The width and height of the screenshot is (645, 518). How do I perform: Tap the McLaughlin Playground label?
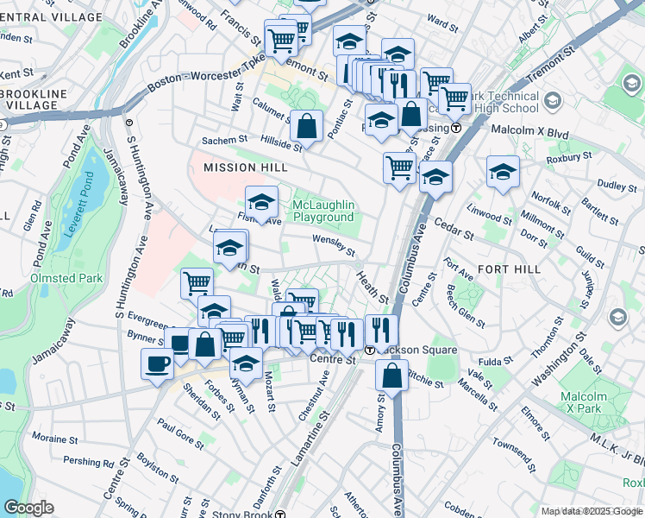pyautogui.click(x=323, y=211)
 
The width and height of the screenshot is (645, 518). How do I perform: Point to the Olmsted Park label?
pyautogui.click(x=66, y=278)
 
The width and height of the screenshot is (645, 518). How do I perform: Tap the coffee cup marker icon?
pyautogui.click(x=157, y=363)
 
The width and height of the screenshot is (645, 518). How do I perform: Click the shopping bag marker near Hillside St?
pyautogui.click(x=306, y=126)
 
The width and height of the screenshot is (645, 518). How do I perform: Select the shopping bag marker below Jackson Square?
pyautogui.click(x=391, y=376)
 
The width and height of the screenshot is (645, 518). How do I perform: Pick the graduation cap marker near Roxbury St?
pyautogui.click(x=503, y=172)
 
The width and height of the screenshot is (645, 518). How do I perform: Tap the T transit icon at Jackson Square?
pyautogui.click(x=369, y=350)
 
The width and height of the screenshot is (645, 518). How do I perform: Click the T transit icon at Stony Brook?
pyautogui.click(x=280, y=513)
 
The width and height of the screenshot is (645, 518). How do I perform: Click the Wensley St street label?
pyautogui.click(x=334, y=246)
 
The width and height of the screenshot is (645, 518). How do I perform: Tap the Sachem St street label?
pyautogui.click(x=224, y=139)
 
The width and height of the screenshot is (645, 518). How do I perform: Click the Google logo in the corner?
pyautogui.click(x=28, y=508)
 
